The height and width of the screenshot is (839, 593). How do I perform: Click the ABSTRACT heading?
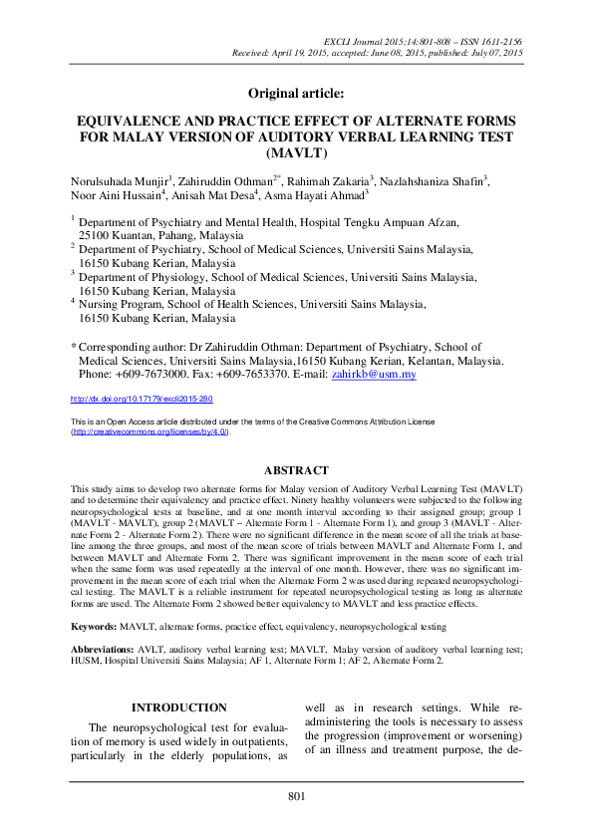click(295, 470)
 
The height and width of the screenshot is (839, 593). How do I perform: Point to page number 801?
click(296, 795)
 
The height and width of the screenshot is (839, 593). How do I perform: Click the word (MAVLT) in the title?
click(296, 154)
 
